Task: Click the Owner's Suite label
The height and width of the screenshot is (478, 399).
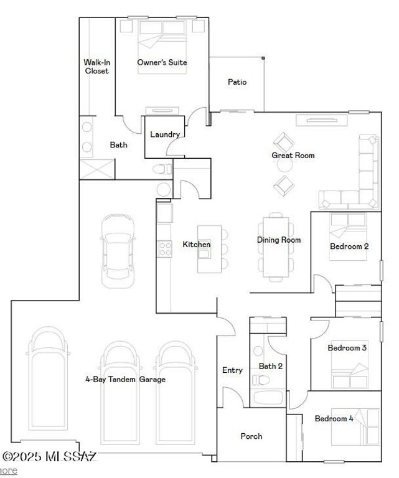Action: pos(162,62)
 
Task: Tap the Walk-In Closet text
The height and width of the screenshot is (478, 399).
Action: pos(96,67)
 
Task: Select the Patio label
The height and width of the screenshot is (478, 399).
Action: pos(237,82)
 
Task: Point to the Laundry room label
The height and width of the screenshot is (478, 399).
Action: pos(165,134)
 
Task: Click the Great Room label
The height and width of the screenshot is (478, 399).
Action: pos(293,155)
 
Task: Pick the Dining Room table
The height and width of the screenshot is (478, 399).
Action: pos(275,245)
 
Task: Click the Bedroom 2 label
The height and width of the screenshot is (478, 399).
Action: pos(349,246)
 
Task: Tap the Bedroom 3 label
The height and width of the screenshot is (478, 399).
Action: pos(347,348)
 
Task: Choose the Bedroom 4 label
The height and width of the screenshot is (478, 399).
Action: pos(334,418)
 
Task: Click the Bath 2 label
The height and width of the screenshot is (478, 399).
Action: pos(271,366)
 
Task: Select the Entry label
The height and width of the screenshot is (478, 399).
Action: pos(232,370)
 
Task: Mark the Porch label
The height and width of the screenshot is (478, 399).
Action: pos(251,436)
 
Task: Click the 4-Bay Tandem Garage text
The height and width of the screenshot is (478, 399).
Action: pos(125,379)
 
